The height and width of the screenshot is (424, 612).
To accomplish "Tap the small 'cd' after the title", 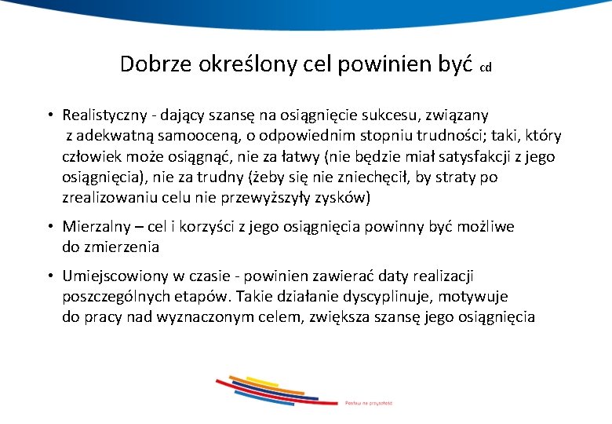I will pos(485,68).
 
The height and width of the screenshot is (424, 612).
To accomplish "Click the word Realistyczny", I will pos(107,116).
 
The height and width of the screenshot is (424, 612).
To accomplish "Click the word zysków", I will pos(345,197).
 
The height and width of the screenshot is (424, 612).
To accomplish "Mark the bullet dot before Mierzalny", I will pos(49,227).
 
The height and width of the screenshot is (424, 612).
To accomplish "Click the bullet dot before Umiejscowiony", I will pos(49,276).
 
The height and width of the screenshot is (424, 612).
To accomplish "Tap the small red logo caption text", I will pos(368,403).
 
